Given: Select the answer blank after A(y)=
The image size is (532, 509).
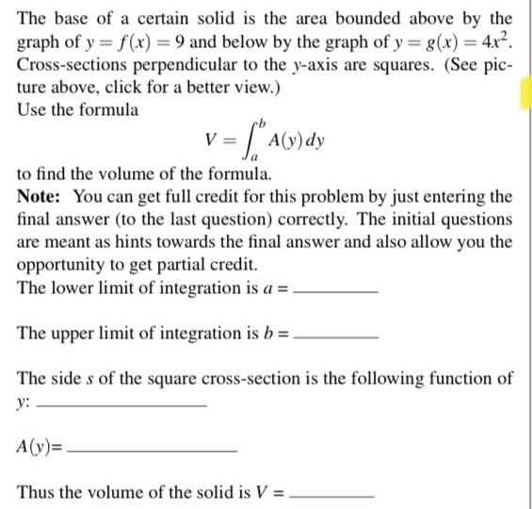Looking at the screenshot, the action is click(152, 451).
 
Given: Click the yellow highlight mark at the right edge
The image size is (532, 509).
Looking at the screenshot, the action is click(524, 94).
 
